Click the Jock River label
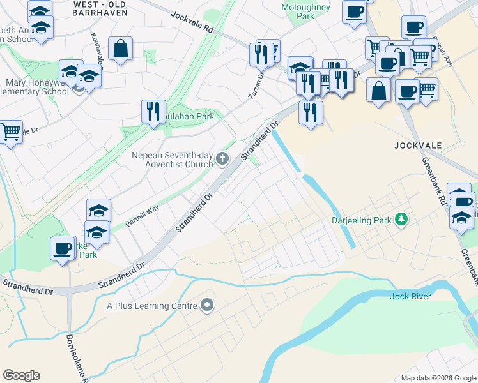(x=410, y=296)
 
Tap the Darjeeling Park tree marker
(x=401, y=220)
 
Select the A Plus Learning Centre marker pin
(x=206, y=306)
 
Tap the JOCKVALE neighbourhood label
(x=419, y=146)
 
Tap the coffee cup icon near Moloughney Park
(x=354, y=11)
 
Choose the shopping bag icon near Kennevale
(x=120, y=49)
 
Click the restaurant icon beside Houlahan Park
(x=153, y=112)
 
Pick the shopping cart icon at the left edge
(x=10, y=132)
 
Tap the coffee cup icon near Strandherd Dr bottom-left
(x=63, y=248)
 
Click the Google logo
(x=21, y=375)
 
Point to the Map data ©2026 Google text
(x=438, y=378)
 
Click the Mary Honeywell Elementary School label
(x=36, y=87)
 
